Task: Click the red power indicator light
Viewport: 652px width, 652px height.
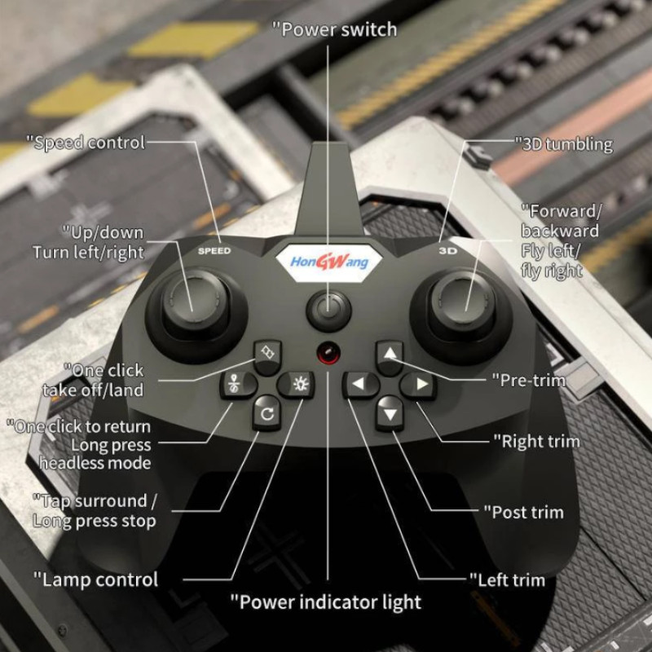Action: tap(328, 355)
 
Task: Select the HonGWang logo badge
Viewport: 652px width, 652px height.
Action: tap(329, 262)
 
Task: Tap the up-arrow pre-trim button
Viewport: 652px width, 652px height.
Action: tap(390, 355)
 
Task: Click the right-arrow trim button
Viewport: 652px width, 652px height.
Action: tap(419, 384)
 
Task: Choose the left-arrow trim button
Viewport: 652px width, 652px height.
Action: tap(359, 384)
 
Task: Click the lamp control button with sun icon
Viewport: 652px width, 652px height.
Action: tap(296, 383)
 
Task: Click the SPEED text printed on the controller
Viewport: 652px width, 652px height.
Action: tap(214, 250)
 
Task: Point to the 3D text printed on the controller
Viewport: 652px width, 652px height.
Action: tap(447, 250)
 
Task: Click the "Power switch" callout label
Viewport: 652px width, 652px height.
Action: tap(334, 30)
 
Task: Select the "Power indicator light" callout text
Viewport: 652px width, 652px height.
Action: tap(325, 602)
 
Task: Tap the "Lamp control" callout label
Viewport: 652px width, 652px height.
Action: tap(95, 580)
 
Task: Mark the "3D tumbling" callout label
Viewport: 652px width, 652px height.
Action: tap(563, 144)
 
